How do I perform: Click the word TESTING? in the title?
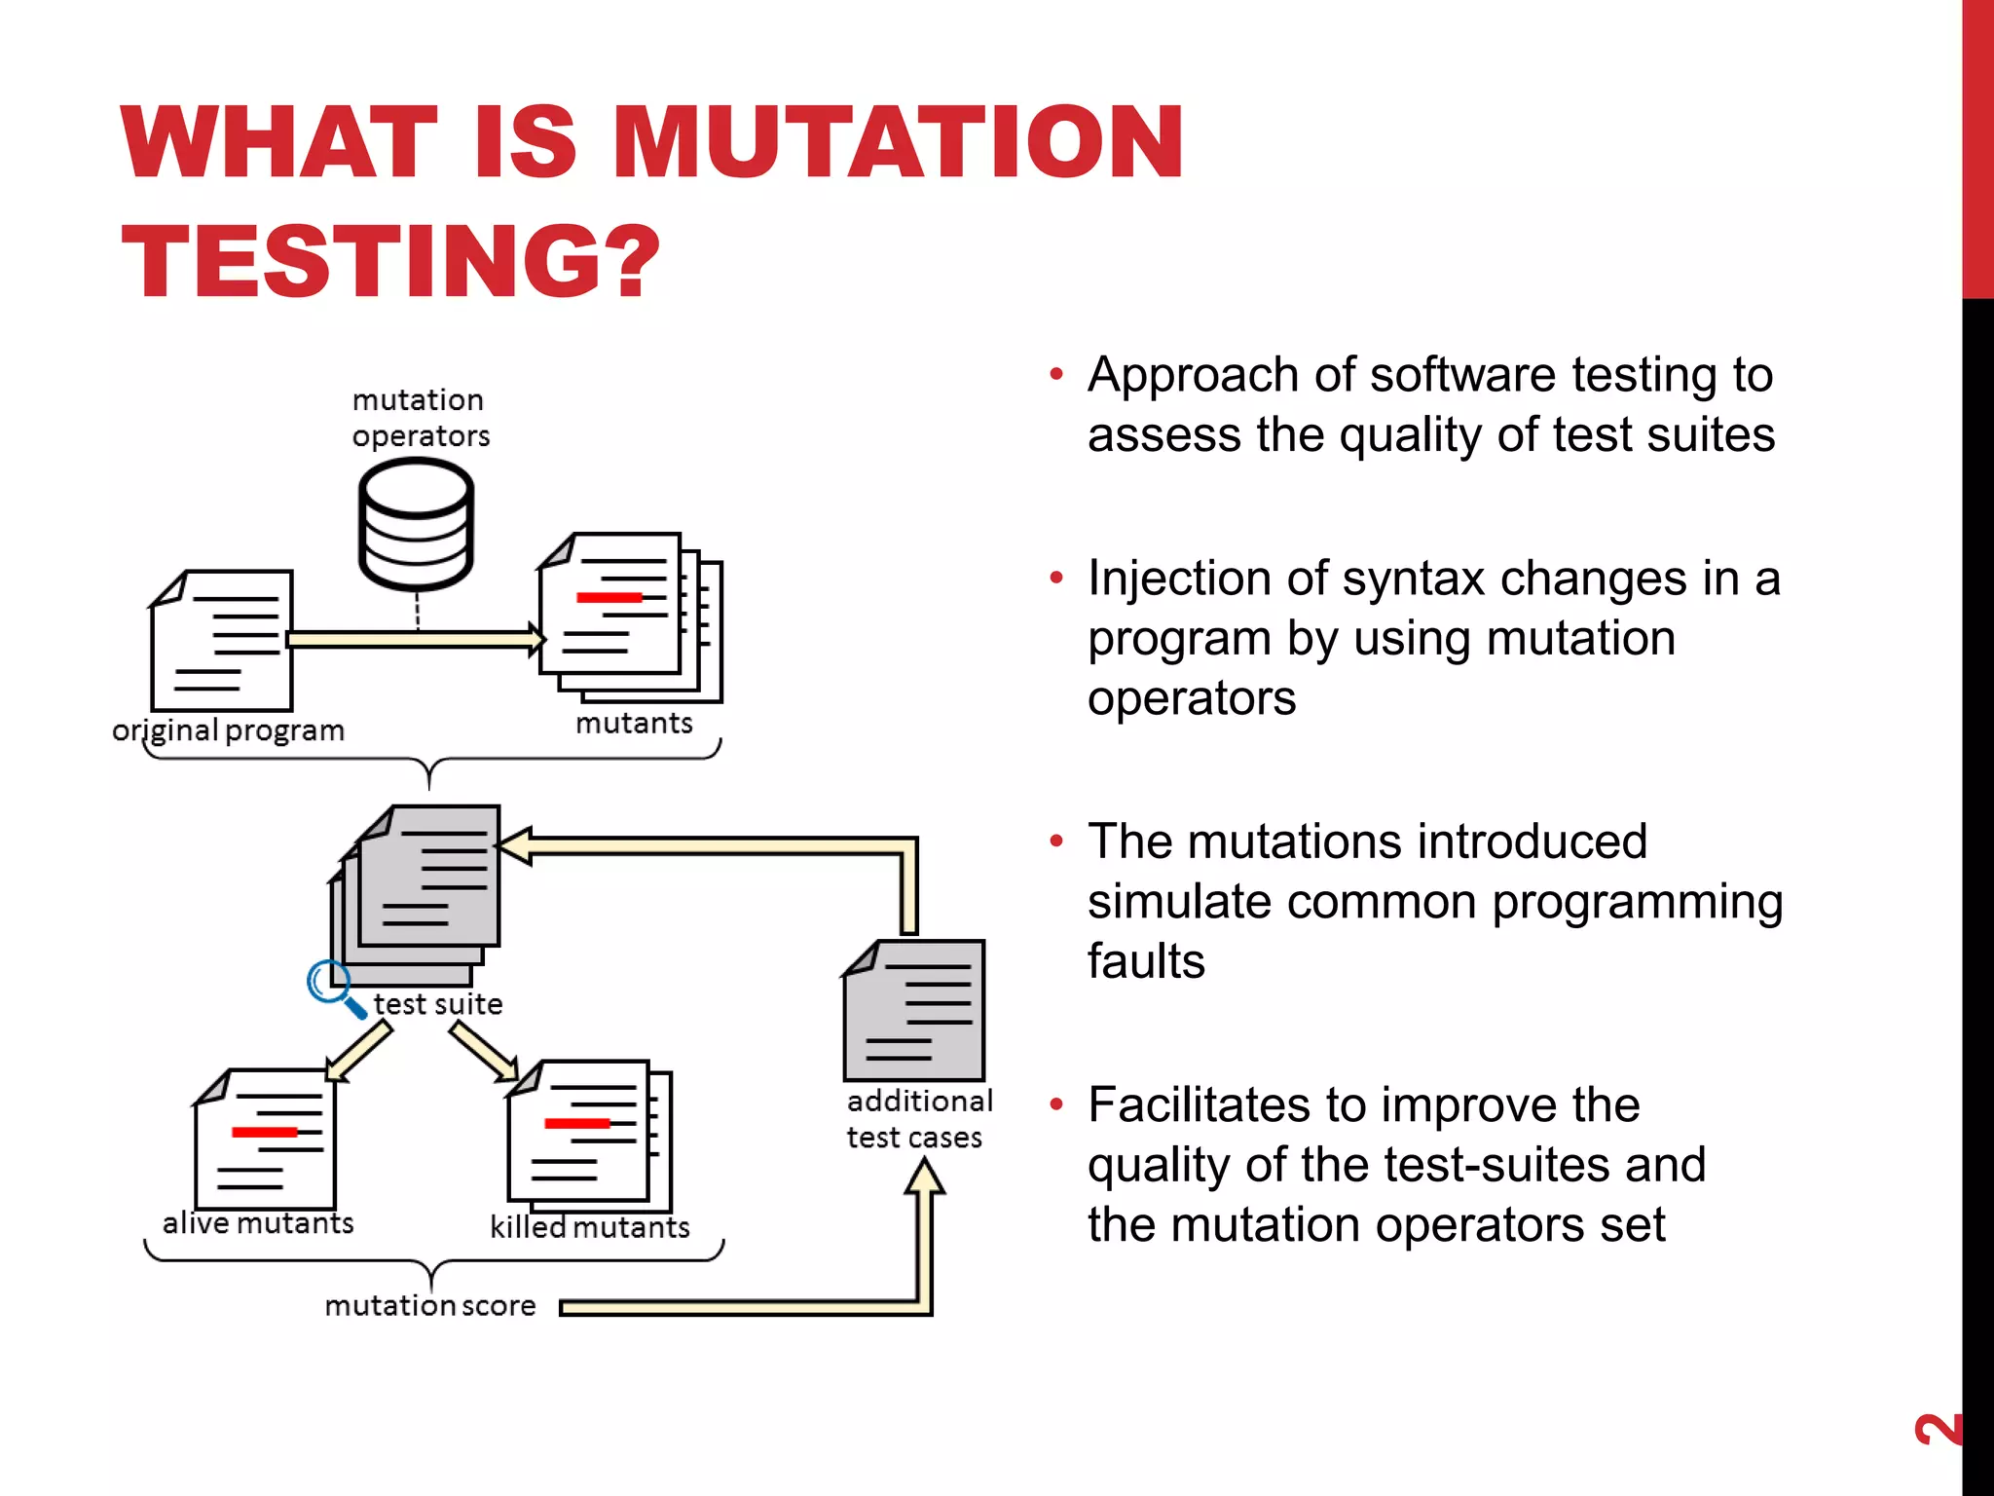coord(389,261)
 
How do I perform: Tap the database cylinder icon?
coord(416,525)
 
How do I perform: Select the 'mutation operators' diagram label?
coord(420,418)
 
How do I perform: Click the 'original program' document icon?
coord(223,641)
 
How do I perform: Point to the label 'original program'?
coord(229,730)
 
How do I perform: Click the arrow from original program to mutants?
coord(414,640)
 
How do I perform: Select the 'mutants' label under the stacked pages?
coord(634,724)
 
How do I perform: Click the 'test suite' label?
coord(438,1004)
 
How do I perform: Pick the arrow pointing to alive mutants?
coord(358,1053)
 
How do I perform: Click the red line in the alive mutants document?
coord(264,1132)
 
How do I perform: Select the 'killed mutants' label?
coord(590,1227)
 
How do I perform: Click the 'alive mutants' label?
coord(258,1223)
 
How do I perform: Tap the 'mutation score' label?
coord(430,1306)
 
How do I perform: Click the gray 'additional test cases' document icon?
coord(914,1011)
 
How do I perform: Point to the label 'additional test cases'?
coord(918,1119)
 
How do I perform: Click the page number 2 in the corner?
coord(1937,1429)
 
